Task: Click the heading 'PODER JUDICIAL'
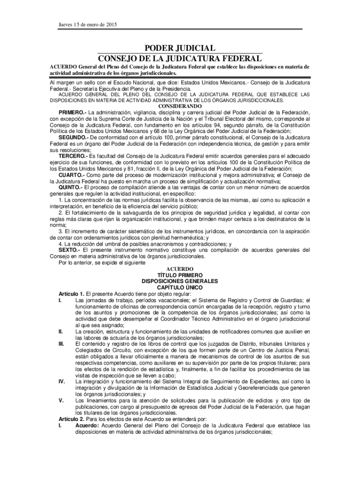pos(180,49)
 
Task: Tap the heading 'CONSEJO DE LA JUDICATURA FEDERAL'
pos(180,59)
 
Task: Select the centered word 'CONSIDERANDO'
pos(180,106)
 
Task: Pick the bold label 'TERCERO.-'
pos(73,155)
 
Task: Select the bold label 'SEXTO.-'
pos(68,250)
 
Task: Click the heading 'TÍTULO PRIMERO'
pos(180,276)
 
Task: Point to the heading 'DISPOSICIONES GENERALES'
pos(180,282)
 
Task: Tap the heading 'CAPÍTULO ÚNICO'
pos(180,288)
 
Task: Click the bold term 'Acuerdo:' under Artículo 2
pos(87,426)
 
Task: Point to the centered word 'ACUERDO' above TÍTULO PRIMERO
pos(180,269)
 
